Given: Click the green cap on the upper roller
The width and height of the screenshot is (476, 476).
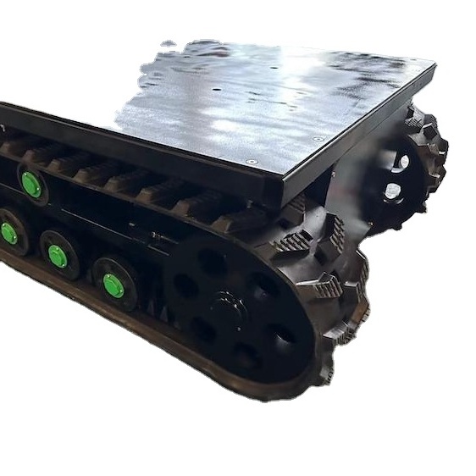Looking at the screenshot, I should pyautogui.click(x=31, y=185).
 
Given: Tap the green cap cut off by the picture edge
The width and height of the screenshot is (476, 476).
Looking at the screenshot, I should pyautogui.click(x=7, y=233).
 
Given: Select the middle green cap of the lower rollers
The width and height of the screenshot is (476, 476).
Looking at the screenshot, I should pyautogui.click(x=58, y=256).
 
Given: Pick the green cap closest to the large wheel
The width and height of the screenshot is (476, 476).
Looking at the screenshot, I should pyautogui.click(x=113, y=285).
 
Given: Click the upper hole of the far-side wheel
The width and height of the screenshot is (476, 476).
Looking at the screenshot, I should pyautogui.click(x=399, y=161).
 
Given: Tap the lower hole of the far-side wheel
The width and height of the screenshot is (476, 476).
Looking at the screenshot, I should pyautogui.click(x=392, y=191).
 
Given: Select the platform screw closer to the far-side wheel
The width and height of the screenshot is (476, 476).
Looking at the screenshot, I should pyautogui.click(x=319, y=140).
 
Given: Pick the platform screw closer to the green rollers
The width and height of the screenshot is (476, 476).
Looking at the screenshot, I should pyautogui.click(x=251, y=161).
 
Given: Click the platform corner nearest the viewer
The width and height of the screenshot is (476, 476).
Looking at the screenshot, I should pyautogui.click(x=280, y=180).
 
